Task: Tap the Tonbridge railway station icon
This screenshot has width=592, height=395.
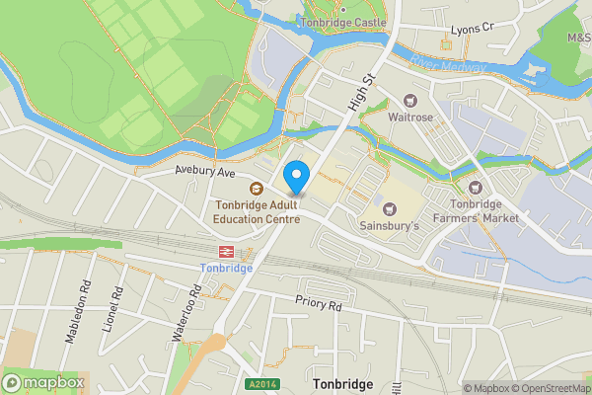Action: pos(226,250)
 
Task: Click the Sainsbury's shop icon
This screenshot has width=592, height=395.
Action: pos(388,207)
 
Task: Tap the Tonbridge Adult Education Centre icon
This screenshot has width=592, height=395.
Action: pos(256,189)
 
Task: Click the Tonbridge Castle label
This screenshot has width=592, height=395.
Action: pos(344,23)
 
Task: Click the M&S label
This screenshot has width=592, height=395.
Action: pos(578,38)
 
